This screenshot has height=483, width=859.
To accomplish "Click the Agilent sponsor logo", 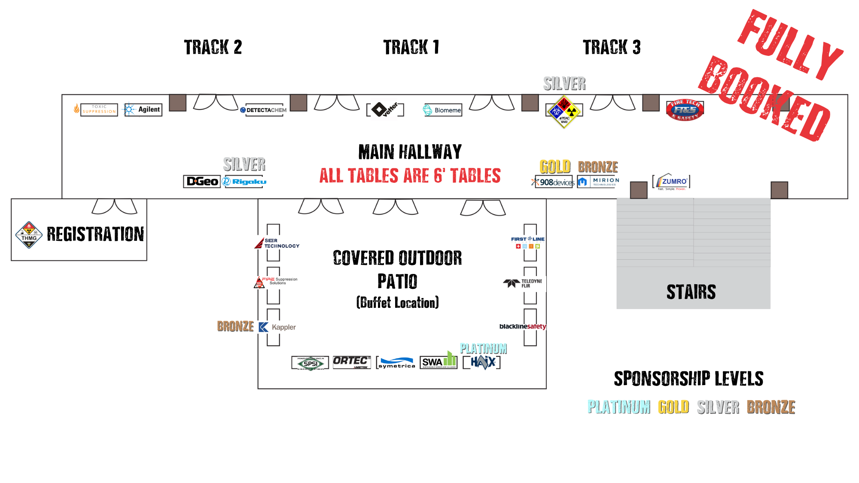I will click(x=143, y=109).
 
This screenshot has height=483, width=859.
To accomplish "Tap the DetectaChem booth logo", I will click(x=264, y=110).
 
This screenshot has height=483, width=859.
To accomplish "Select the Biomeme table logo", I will click(x=443, y=110).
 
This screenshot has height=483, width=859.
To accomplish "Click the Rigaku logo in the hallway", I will click(x=244, y=182).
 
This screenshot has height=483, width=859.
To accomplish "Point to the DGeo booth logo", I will click(x=202, y=182).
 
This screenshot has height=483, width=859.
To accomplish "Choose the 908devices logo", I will click(x=554, y=182).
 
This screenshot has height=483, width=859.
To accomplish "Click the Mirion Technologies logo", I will click(x=598, y=182).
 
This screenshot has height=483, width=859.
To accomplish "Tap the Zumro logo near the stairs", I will click(x=671, y=182).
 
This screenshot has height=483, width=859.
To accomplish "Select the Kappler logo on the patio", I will click(x=277, y=327).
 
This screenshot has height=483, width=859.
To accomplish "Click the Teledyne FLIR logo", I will click(x=523, y=283).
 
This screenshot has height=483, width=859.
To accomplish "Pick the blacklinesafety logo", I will click(x=522, y=327).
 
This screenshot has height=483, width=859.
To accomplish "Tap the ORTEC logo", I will click(x=352, y=362).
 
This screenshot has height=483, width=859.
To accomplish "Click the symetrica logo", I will click(x=396, y=363).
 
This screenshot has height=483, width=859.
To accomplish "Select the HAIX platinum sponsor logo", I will click(x=482, y=362).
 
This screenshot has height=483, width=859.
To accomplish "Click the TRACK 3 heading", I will click(x=612, y=47).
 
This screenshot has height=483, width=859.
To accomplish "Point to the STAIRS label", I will click(x=691, y=292).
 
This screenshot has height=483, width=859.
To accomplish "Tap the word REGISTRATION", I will click(x=95, y=234).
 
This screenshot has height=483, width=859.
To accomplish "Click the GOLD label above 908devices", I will click(x=555, y=167).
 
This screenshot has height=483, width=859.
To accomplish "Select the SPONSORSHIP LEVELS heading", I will click(x=688, y=379).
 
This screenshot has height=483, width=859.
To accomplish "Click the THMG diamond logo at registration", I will click(x=29, y=235).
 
